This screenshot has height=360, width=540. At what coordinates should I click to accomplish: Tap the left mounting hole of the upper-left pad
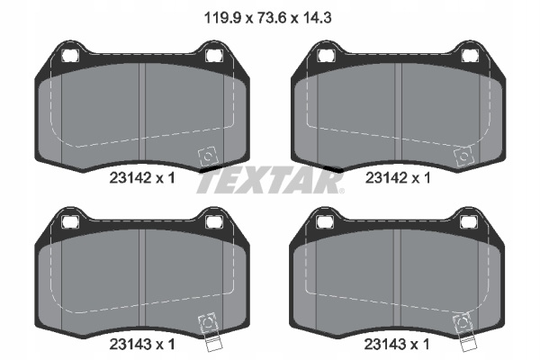coord(70,55)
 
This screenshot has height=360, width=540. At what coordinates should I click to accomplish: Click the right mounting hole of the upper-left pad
coord(214,55)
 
